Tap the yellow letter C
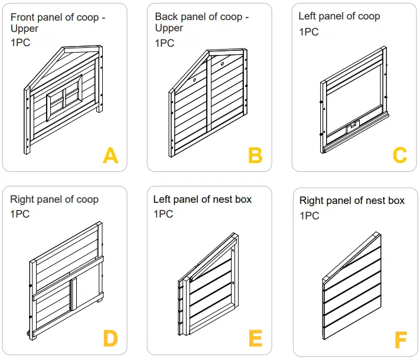400,155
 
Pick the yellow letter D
110,339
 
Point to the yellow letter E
255,339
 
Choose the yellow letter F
401,340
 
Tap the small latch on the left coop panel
353,125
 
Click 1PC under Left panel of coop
309,31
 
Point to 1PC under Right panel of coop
20,214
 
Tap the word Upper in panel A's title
25,28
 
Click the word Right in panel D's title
22,199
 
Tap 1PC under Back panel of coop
165,43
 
